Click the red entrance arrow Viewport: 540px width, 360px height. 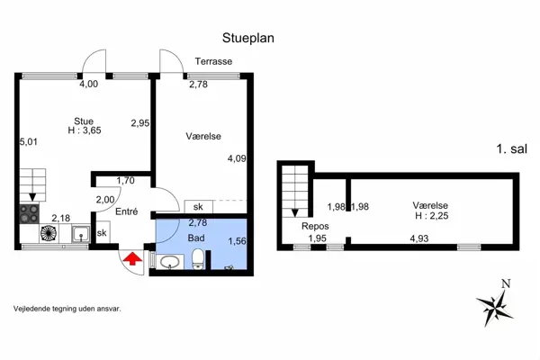(132, 258)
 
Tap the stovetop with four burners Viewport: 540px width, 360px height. (30, 213)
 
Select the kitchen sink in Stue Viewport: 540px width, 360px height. (81, 234)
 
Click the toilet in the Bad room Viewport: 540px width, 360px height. (198, 259)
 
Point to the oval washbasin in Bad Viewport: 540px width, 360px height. (169, 262)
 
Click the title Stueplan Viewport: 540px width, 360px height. (248, 38)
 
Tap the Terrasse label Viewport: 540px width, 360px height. (213, 61)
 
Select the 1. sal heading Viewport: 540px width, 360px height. (511, 148)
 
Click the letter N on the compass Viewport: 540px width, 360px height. (506, 283)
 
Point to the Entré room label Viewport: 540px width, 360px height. (126, 211)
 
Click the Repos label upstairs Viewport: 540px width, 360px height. (315, 226)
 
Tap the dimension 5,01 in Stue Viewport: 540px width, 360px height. (28, 141)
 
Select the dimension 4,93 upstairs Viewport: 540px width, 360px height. (419, 238)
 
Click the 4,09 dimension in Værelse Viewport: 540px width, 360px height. (237, 158)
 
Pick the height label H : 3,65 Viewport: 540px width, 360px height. (85, 130)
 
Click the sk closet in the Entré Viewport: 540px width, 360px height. (102, 232)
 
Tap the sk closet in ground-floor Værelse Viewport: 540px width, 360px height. (198, 207)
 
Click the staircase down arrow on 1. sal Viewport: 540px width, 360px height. (295, 212)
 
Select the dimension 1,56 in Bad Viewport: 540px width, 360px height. (238, 241)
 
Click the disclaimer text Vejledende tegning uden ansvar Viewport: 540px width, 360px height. (67, 309)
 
